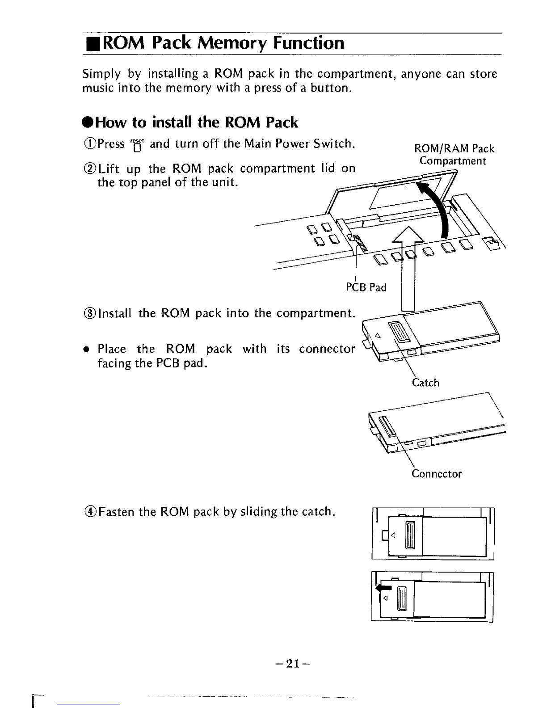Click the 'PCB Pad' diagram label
(x=366, y=287)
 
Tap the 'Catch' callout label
(x=425, y=383)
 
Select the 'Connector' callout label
(x=436, y=474)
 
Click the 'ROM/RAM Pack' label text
(x=454, y=148)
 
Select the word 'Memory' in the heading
(x=232, y=43)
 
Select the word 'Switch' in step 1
(x=333, y=143)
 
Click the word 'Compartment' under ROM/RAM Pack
(x=452, y=161)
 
